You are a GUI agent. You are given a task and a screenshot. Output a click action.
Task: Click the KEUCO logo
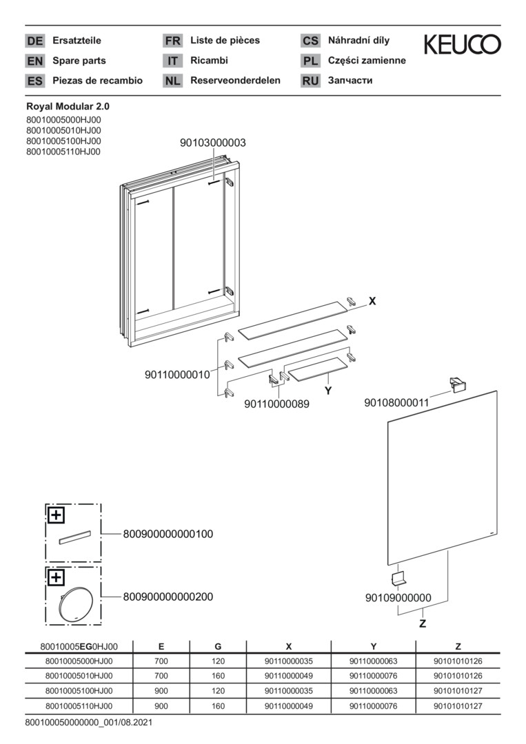point(462,45)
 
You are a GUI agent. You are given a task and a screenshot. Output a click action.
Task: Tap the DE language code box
point(34,41)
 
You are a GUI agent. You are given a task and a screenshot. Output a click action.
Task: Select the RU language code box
point(310,81)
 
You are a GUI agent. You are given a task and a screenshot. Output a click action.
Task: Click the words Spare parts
point(79,61)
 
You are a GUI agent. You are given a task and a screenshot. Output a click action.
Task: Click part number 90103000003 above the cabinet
point(213,143)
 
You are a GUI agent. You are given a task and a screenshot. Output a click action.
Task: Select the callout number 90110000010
point(177,375)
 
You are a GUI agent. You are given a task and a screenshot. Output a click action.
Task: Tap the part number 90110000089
point(276,404)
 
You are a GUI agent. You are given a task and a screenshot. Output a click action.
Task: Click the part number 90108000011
point(396,403)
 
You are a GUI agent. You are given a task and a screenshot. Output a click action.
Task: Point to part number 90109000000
point(398,598)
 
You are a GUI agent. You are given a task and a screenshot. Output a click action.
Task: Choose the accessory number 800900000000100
point(168,535)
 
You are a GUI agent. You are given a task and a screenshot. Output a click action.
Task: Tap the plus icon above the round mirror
point(56,577)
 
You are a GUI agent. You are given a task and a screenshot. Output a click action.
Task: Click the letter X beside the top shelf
point(372,301)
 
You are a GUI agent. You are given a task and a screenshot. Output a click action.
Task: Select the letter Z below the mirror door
point(423,624)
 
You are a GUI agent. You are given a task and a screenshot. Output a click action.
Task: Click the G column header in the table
point(218,646)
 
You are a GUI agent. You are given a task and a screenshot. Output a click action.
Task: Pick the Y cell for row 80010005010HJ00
point(373,676)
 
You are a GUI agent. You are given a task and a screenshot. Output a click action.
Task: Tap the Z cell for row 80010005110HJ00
point(458,706)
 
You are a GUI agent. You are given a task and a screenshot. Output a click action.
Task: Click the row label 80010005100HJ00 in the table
point(79,691)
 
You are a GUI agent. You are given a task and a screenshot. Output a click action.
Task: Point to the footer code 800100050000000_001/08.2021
point(89,723)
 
